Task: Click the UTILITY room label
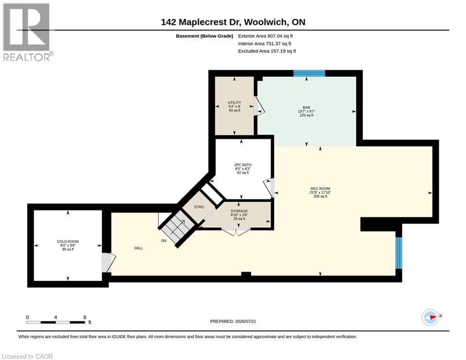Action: click(235, 103)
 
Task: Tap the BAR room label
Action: click(306, 107)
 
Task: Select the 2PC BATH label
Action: click(243, 165)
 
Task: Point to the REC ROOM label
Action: click(320, 188)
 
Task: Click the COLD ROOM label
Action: click(68, 241)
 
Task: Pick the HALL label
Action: click(139, 248)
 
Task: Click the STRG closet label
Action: click(199, 207)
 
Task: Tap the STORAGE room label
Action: click(239, 211)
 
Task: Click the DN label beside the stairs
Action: click(164, 240)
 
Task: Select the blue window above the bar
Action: click(309, 73)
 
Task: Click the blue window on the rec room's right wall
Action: click(399, 253)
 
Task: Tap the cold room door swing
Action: click(109, 262)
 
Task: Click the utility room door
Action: click(259, 106)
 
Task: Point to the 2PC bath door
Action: click(269, 188)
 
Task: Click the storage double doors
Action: click(236, 232)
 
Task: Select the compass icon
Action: click(430, 317)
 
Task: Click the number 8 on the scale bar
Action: click(85, 317)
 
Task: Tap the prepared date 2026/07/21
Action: click(245, 321)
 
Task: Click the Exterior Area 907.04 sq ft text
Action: click(266, 36)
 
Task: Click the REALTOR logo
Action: click(27, 32)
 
